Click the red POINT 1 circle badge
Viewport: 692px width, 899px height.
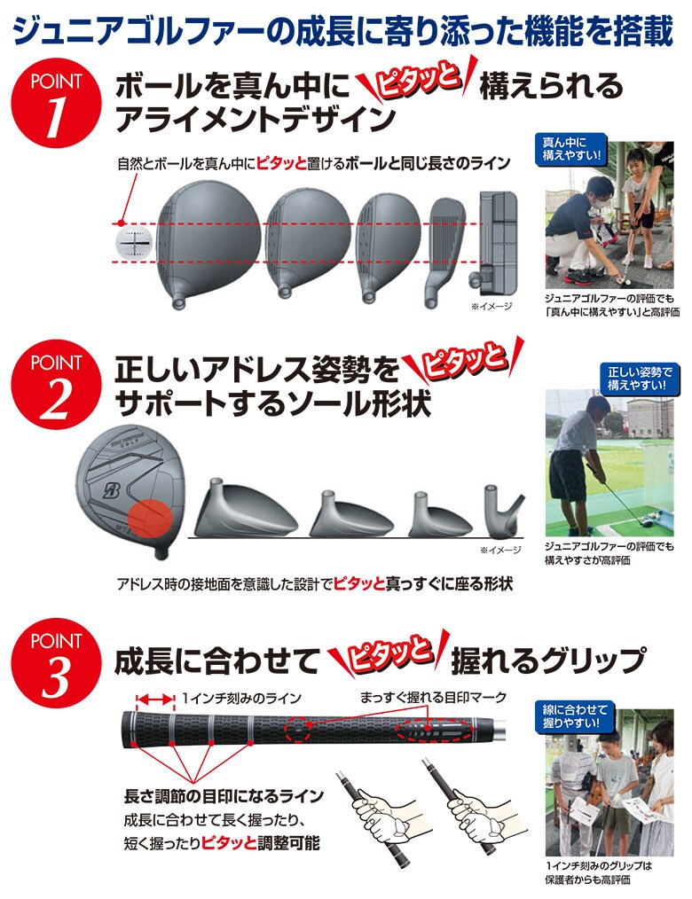55,106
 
